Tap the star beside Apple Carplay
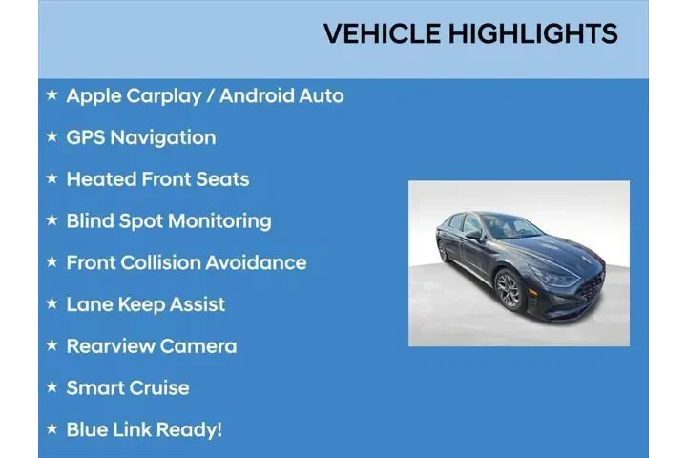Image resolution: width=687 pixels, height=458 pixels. tap(52, 94)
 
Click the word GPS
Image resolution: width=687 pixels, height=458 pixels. tap(86, 137)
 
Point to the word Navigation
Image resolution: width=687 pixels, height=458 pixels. tap(163, 137)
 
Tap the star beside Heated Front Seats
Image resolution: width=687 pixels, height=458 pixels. tap(52, 178)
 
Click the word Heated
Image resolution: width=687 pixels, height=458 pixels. tap(101, 179)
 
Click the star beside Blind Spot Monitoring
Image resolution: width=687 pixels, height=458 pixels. tap(52, 220)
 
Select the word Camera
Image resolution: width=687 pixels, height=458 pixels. tap(199, 346)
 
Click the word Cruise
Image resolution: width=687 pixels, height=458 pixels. tap(160, 387)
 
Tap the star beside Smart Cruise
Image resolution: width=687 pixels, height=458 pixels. tap(52, 387)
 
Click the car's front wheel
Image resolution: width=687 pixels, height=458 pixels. tap(509, 289)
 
